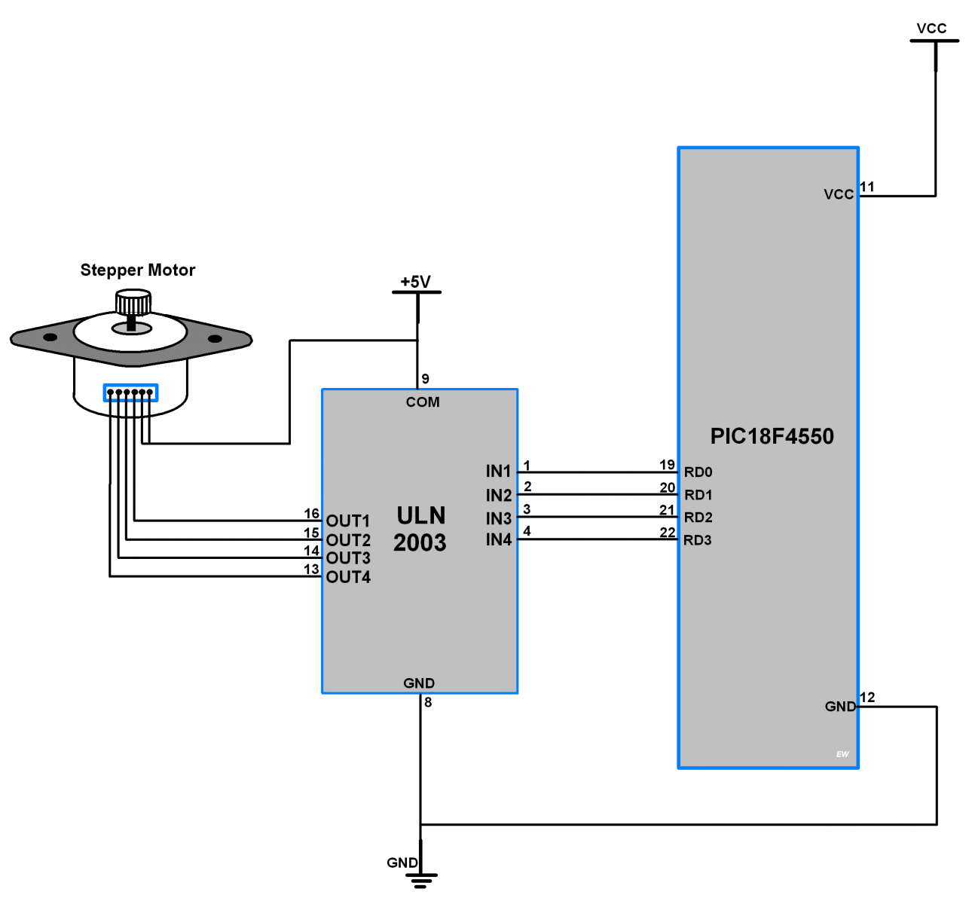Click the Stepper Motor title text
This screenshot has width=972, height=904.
pos(137,270)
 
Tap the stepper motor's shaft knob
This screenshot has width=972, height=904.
pos(133,304)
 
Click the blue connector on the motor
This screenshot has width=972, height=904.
pos(130,392)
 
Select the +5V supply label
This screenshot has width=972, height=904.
pos(415,282)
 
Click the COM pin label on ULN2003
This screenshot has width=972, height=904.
pos(423,402)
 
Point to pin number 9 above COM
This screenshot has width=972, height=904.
pos(426,379)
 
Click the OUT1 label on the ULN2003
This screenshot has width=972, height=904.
pos(348,521)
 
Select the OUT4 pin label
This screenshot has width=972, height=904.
pos(348,578)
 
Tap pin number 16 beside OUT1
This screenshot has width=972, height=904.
pos(311,514)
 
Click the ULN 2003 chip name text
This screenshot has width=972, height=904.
pos(420,529)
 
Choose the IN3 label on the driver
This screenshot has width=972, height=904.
pos(498,519)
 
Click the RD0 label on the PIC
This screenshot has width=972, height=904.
pos(698,472)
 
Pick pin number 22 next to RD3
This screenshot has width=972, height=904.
pos(667,533)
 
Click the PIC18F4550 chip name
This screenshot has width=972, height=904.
pos(772,437)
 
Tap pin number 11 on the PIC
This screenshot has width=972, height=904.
pos(867,187)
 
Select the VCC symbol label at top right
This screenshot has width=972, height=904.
pos(931,29)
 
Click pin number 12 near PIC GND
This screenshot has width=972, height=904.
pos(867,698)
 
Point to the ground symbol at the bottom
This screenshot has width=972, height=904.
pos(421,878)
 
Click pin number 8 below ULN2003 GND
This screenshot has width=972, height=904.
pos(428,703)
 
